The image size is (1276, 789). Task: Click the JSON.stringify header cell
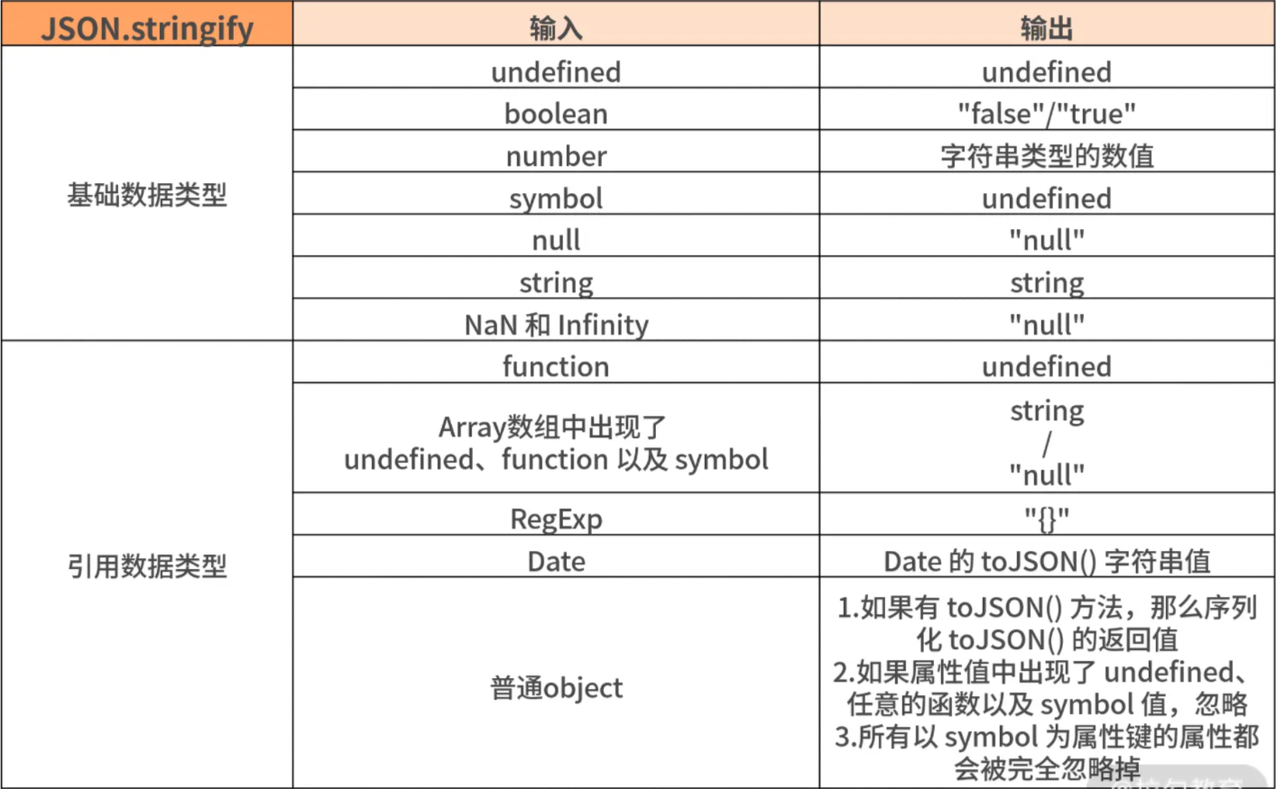click(x=147, y=23)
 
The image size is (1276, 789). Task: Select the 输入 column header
click(x=556, y=23)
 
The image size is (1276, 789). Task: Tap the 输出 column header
click(x=1047, y=23)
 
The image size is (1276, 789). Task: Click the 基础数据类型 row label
click(x=147, y=195)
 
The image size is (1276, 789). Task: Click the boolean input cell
click(x=556, y=109)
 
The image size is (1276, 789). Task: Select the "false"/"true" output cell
click(x=1047, y=109)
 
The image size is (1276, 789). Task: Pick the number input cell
click(x=556, y=151)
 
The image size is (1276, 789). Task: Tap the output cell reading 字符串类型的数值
click(x=1047, y=151)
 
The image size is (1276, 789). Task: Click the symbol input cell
click(x=556, y=194)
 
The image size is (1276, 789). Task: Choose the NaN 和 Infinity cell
click(x=556, y=320)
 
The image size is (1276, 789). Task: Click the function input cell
click(x=556, y=362)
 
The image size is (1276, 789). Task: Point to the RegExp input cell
click(x=556, y=514)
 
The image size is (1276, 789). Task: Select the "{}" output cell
click(x=1047, y=514)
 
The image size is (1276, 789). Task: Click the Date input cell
click(x=556, y=556)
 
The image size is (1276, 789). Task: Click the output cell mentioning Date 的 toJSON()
click(x=1047, y=556)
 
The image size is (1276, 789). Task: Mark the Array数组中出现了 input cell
click(x=556, y=437)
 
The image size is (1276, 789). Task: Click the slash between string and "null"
click(x=1047, y=444)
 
